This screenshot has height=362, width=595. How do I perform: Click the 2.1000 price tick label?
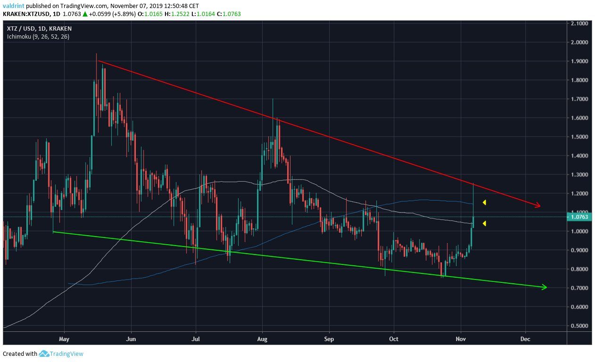579,23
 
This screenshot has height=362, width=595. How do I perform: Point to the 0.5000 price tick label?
579,326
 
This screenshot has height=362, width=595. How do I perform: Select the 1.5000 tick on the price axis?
579,137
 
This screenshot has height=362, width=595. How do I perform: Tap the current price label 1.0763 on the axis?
579,217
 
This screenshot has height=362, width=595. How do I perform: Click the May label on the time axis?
64,338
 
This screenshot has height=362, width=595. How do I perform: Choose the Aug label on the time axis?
263,338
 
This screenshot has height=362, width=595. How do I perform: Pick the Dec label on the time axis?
525,338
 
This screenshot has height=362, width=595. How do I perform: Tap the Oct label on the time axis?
394,338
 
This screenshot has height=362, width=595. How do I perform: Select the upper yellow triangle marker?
484,203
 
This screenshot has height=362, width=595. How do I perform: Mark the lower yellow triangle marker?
484,223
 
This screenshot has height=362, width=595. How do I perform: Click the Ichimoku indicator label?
38,36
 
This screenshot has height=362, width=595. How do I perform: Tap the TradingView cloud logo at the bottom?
44,354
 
